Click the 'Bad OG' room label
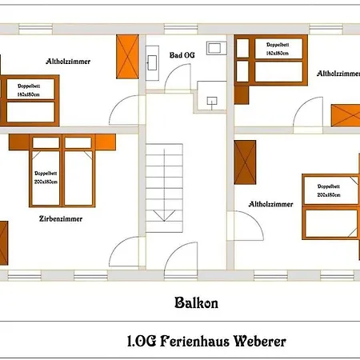point(182,55)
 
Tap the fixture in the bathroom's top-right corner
point(215,46)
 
